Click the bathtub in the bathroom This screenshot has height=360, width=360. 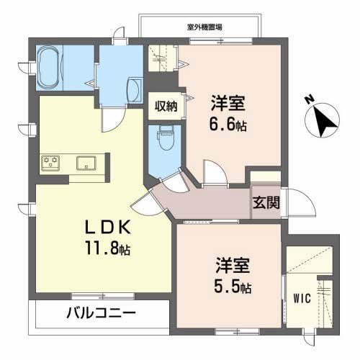[49, 67]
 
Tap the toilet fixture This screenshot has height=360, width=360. [166, 138]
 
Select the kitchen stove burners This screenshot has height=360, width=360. [50, 163]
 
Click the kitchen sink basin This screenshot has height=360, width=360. [86, 163]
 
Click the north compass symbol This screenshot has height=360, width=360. [322, 120]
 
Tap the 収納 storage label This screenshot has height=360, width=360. [166, 106]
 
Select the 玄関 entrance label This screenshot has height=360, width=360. [266, 203]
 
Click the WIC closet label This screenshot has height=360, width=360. [302, 298]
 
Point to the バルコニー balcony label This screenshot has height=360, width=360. [101, 313]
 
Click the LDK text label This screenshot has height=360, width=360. [108, 227]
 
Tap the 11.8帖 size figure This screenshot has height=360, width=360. [108, 248]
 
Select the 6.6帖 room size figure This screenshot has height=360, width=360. [228, 125]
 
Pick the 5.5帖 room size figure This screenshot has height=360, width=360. [233, 287]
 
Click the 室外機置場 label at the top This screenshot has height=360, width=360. [204, 27]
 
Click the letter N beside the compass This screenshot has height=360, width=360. [309, 99]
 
